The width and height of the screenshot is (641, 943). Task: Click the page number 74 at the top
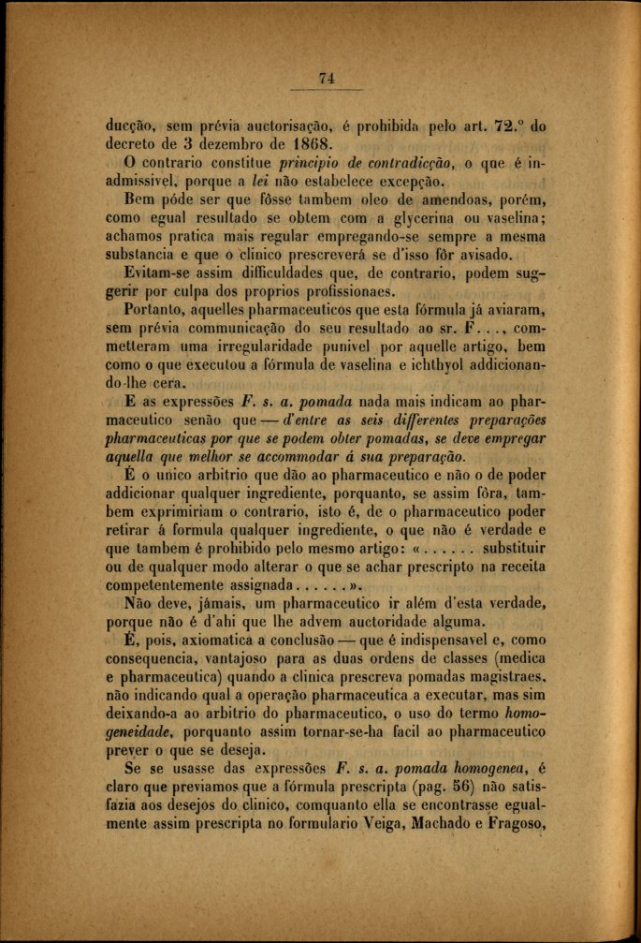tap(326, 80)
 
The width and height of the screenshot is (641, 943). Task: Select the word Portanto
tap(161, 316)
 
